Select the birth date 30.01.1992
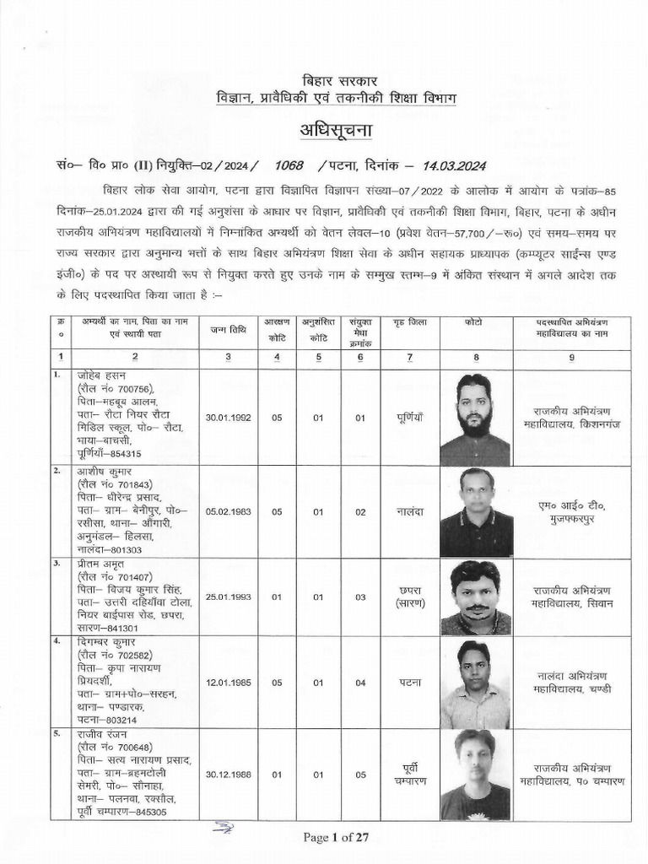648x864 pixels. [229, 417]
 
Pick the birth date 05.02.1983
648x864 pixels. [229, 510]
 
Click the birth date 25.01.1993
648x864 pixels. [229, 596]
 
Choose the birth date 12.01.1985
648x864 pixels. [229, 681]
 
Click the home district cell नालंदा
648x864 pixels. [410, 510]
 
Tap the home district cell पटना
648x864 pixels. [410, 681]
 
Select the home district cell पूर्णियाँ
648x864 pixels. [410, 417]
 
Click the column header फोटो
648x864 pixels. [474, 323]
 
